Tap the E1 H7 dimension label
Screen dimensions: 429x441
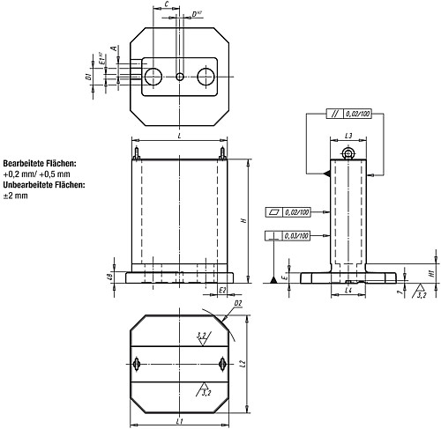coord(102,63)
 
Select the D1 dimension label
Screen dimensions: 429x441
coord(89,77)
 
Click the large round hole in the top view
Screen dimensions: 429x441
coord(153,77)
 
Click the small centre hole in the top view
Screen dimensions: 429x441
coord(180,77)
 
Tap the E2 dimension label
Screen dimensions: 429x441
coord(223,289)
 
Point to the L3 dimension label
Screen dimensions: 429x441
coord(348,137)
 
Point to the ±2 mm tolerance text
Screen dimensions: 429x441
coord(16,196)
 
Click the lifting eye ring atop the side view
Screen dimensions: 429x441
coord(349,155)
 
